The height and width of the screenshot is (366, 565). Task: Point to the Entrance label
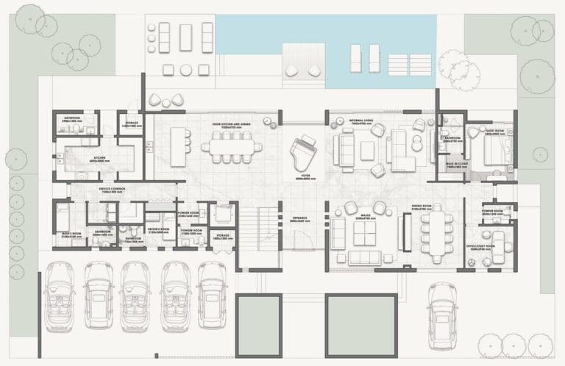click(x=299, y=218)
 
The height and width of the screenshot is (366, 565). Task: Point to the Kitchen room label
click(x=96, y=158)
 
